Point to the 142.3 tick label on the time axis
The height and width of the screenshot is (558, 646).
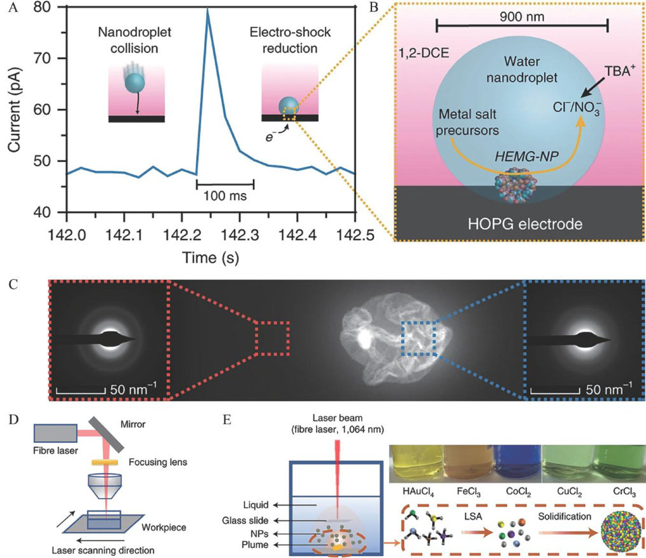pos(240,235)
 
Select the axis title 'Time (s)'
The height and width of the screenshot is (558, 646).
pos(210,258)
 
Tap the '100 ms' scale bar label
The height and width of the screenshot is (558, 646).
pos(225,196)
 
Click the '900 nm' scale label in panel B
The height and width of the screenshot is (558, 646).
pos(522,17)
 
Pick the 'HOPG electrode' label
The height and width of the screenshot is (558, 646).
pos(525,224)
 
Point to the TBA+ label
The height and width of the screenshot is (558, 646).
pos(617,71)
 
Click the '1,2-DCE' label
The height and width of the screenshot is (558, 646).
pos(424,53)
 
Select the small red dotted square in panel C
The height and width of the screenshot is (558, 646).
pos(272,338)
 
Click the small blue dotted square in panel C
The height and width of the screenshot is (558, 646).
pos(419,338)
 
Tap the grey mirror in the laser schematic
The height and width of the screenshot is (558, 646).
pos(105,434)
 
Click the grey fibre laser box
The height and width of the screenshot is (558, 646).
pos(55,433)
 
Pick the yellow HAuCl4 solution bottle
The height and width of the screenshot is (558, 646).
pos(417,464)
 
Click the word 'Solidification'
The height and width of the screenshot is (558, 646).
pos(564,517)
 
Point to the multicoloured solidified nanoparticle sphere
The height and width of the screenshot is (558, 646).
pos(621,532)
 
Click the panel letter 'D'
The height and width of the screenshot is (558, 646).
pos(13,420)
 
